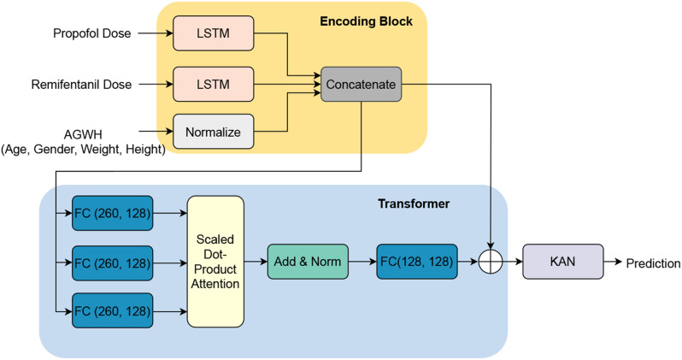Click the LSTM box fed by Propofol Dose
click(x=214, y=34)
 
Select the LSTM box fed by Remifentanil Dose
click(x=214, y=85)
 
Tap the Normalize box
click(x=214, y=132)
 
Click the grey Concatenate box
click(x=359, y=85)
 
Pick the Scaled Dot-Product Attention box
click(x=215, y=260)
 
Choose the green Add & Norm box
click(x=309, y=260)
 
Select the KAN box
click(x=561, y=260)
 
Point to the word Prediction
click(x=654, y=263)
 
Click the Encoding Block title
click(x=365, y=21)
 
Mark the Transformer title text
click(x=414, y=205)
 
